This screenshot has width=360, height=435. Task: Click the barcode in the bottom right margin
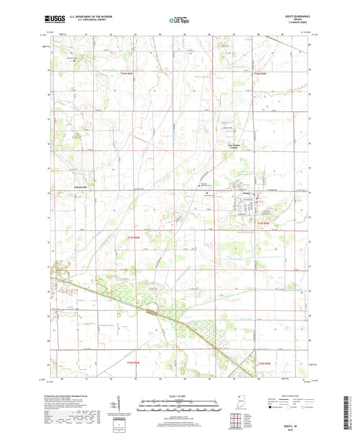pos(351,412)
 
